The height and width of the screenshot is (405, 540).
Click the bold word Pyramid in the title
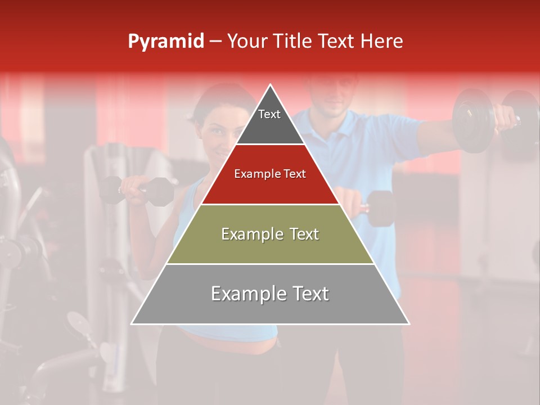pos(165,42)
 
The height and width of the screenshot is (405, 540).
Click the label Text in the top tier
pos(269,114)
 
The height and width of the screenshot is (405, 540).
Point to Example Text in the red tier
pos(270,174)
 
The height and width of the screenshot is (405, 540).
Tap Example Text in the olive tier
pos(270,234)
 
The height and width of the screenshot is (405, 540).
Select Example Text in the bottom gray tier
pos(270,294)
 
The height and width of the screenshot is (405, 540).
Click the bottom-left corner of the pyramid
pos(132,323)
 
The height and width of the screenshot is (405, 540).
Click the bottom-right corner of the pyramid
pos(408,323)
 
